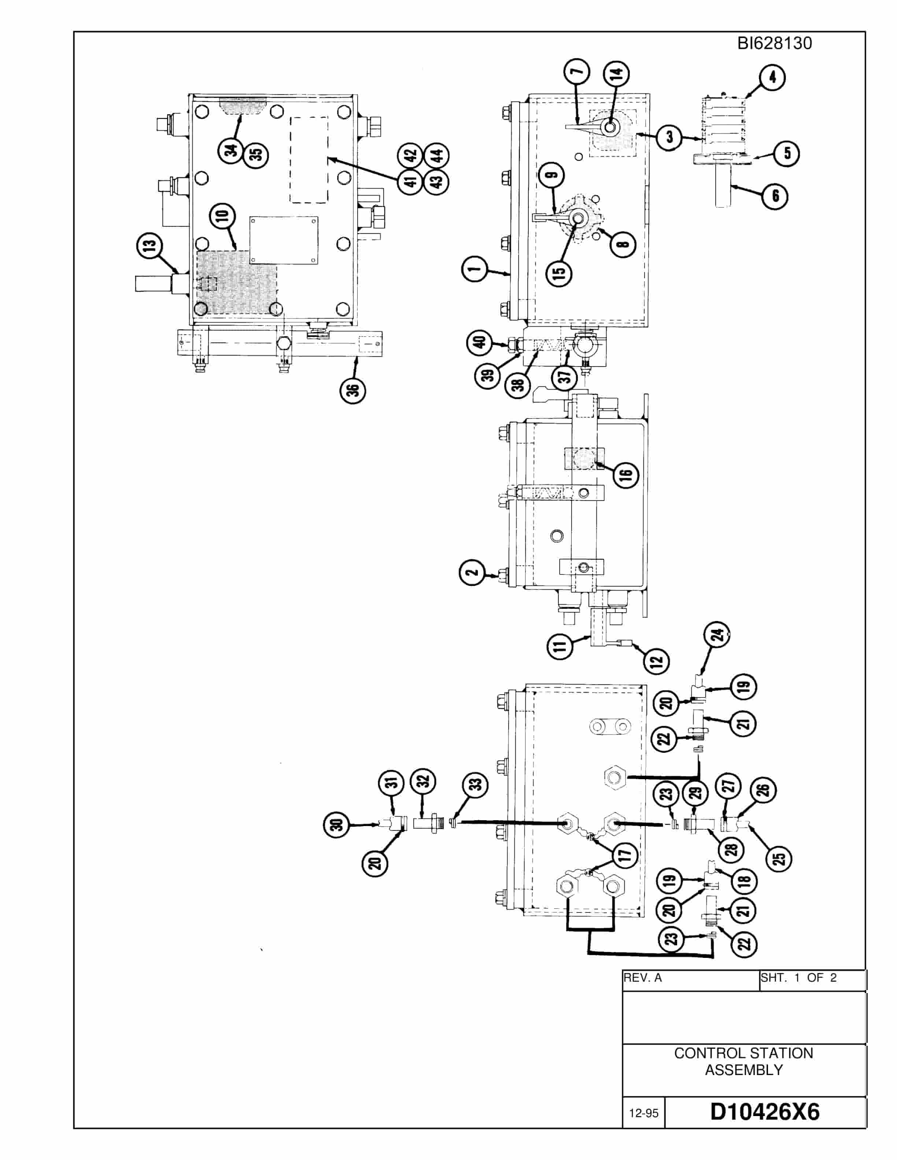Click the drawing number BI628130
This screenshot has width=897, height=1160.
point(774,43)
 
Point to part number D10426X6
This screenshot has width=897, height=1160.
point(765,1112)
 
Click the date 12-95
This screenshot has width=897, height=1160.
point(643,1113)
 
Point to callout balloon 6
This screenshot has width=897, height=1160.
point(775,196)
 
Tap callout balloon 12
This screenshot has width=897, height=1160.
point(656,661)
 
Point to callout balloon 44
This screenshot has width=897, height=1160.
point(436,156)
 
